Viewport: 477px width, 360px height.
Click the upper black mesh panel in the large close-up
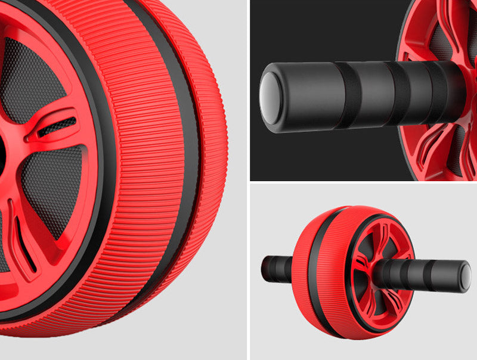tap(36, 77)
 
